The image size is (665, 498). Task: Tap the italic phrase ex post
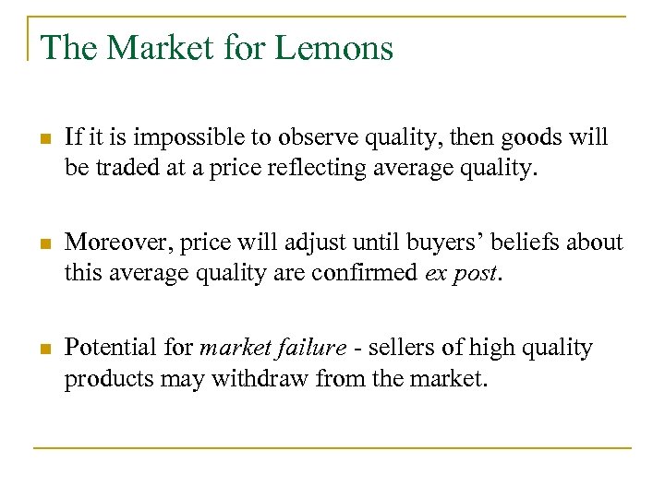pos(462,272)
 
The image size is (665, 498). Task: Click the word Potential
pos(111,348)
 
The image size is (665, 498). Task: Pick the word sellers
pos(399,348)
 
